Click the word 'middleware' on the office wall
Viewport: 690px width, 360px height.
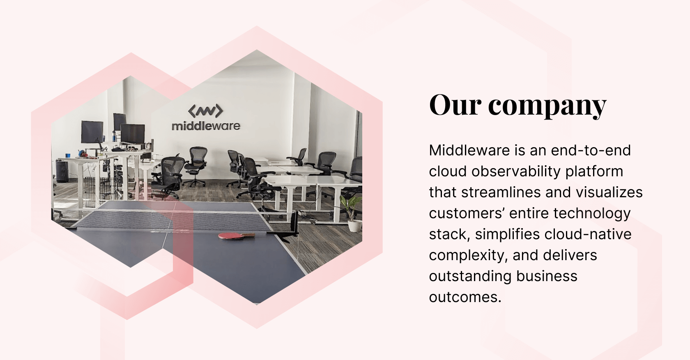pos(206,126)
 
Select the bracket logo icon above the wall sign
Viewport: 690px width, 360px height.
pos(205,111)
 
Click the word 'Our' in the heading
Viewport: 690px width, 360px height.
pos(455,105)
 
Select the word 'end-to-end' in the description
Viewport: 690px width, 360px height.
pos(591,150)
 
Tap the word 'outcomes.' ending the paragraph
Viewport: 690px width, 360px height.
pos(465,297)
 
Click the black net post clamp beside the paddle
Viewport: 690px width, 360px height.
pos(294,224)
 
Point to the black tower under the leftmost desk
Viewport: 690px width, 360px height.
pos(62,171)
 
